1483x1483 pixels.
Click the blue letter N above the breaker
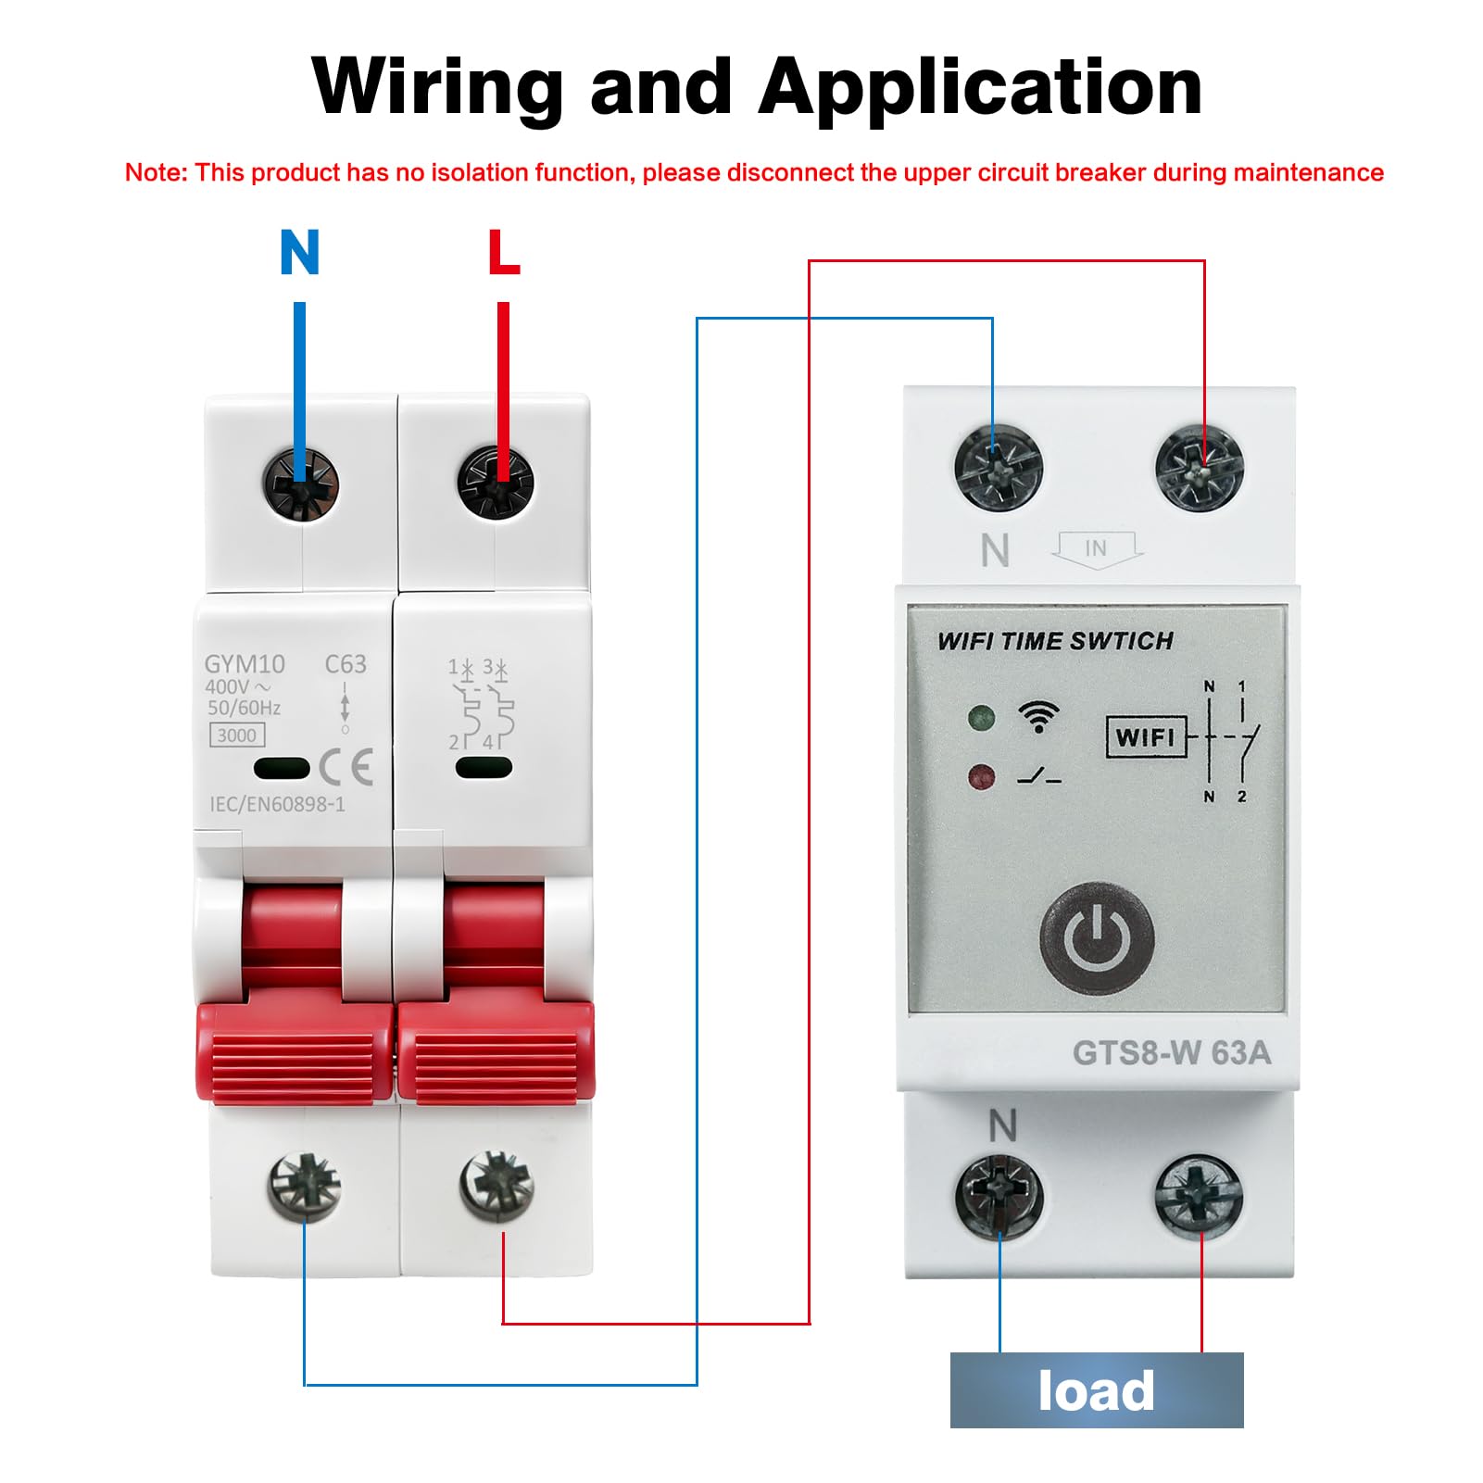coord(300,252)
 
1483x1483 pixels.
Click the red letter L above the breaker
coord(504,252)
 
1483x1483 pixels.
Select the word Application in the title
coord(981,88)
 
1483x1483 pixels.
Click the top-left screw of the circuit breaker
coord(300,484)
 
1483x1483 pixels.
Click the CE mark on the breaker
coord(346,767)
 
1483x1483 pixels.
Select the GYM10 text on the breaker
coord(245,664)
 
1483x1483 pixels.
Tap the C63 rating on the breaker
coord(346,664)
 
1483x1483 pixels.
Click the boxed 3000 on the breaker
coord(237,735)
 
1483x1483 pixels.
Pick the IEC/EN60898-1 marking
coord(278,804)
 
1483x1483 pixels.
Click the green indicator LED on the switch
coord(981,717)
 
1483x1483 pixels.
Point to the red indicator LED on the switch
coord(981,776)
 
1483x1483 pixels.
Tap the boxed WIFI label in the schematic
coord(1146,737)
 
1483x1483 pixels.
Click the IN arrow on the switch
coord(1097,549)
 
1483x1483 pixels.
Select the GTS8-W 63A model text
coord(1172,1053)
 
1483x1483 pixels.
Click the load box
coord(1097,1390)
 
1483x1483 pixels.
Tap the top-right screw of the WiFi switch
coord(1200,468)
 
